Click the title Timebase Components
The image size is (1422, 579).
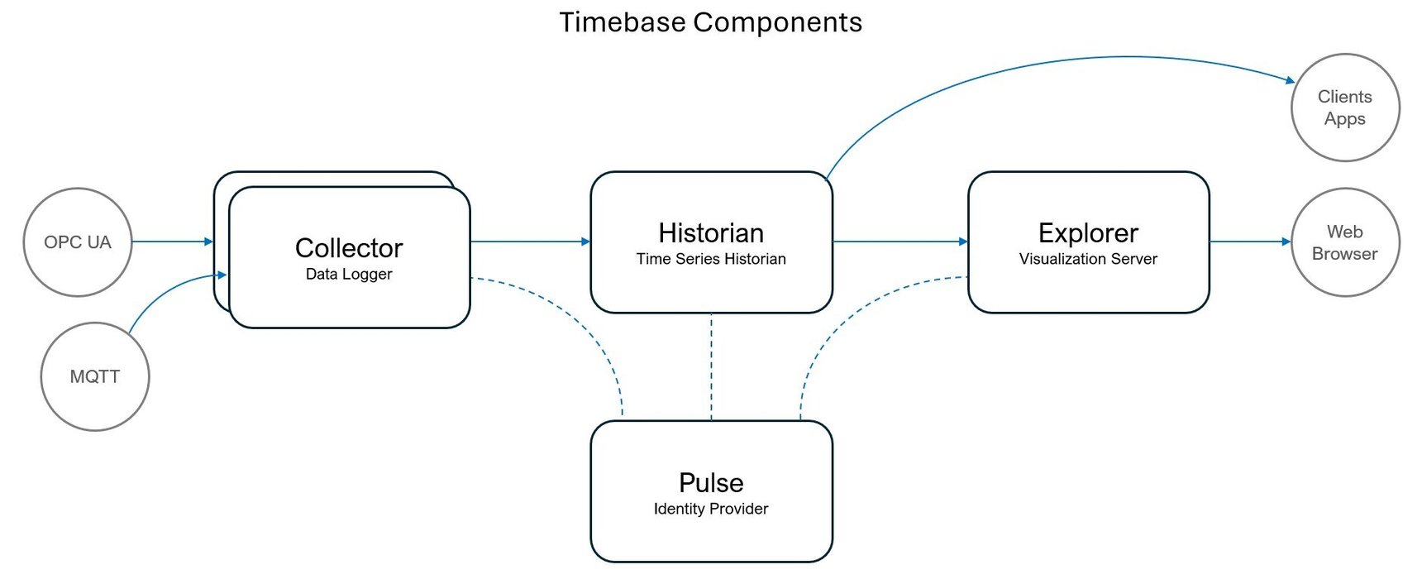pos(710,22)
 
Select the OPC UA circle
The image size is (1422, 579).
pos(78,242)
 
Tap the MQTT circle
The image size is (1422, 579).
pos(94,376)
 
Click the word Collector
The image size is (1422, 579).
pos(349,248)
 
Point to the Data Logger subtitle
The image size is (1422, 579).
pos(349,274)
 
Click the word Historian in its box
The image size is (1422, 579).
pos(711,233)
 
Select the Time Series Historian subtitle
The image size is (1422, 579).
pos(711,259)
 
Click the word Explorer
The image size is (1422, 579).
pos(1088,233)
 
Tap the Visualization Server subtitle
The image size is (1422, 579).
pos(1088,259)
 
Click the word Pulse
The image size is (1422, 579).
pos(711,483)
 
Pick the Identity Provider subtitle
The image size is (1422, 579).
pos(711,509)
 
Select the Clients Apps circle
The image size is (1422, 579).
pos(1345,108)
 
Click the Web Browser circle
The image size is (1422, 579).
pos(1345,242)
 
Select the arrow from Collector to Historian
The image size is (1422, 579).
pos(530,242)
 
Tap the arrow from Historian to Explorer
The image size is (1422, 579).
pos(899,242)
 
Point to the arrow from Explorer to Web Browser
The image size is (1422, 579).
pos(1249,242)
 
